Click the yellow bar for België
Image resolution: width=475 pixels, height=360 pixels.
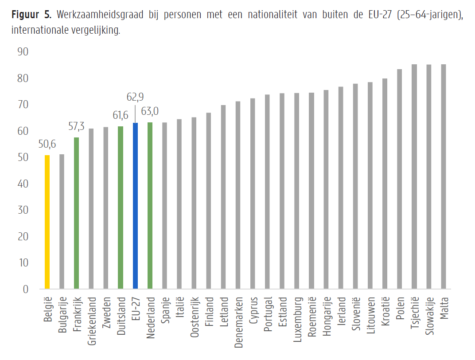(x=47, y=222)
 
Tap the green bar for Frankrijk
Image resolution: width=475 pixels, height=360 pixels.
(x=76, y=213)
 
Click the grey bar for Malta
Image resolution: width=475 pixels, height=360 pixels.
(x=443, y=177)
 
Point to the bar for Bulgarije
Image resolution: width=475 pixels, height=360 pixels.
(x=62, y=222)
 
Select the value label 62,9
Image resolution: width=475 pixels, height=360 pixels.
(x=135, y=97)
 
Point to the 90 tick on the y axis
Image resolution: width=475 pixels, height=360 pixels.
(x=23, y=52)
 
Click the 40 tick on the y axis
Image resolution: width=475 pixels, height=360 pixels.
(x=23, y=184)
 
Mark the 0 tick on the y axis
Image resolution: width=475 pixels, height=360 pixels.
(x=25, y=289)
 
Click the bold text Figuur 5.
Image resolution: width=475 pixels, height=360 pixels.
(x=31, y=16)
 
